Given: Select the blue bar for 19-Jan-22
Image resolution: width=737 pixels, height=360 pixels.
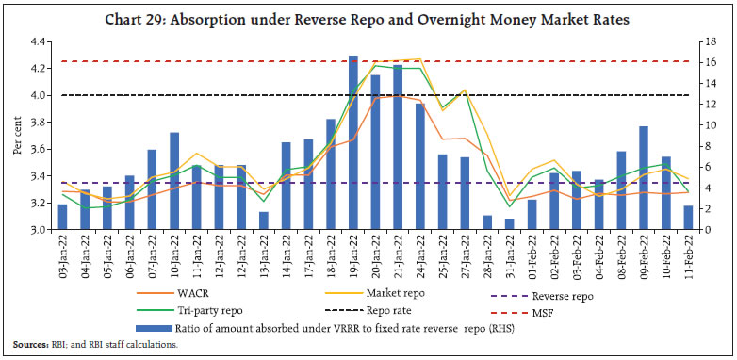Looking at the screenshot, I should click(352, 142).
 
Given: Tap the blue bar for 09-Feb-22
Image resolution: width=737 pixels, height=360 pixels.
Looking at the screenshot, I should click(643, 178).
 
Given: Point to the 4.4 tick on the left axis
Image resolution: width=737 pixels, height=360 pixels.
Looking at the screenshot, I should click(40, 42).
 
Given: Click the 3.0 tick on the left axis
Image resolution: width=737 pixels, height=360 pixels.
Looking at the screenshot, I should click(40, 230).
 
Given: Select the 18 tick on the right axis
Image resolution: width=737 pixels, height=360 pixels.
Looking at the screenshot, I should click(697, 42).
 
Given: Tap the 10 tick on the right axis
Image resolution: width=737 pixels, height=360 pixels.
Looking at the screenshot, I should click(697, 125).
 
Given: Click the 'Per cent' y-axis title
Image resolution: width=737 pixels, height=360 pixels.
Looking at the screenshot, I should click(16, 136).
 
